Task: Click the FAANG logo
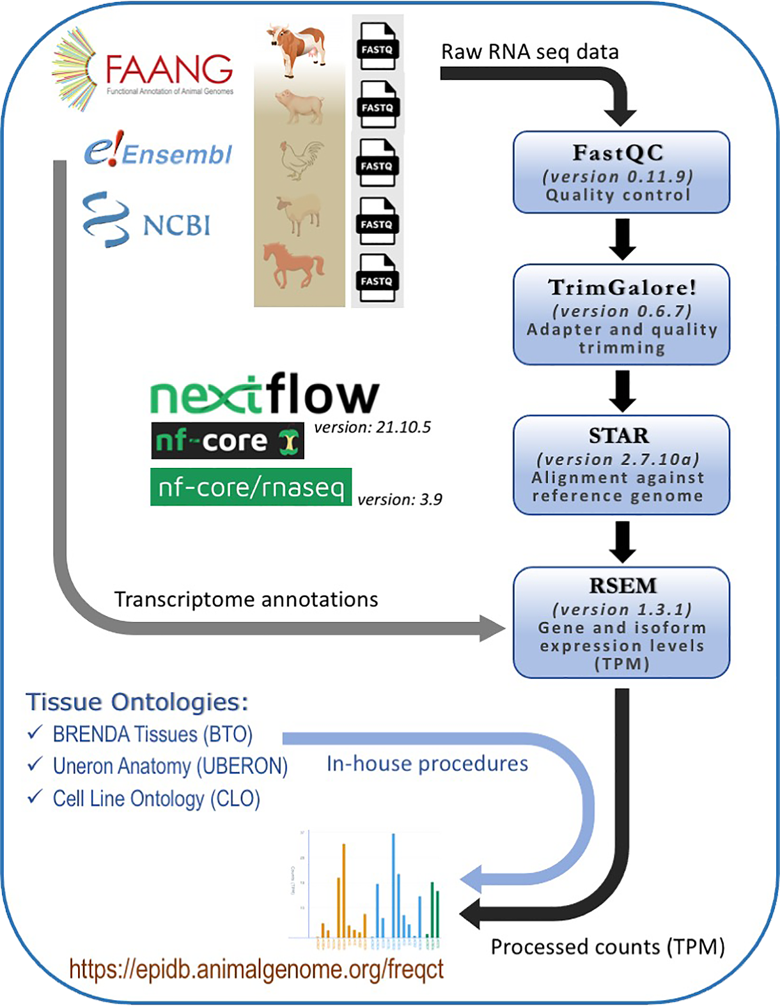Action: pyautogui.click(x=144, y=70)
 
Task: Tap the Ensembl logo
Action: pyautogui.click(x=159, y=152)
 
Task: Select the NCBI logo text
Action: pyautogui.click(x=176, y=226)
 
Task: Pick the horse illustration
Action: pyautogui.click(x=293, y=264)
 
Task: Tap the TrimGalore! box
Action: pyautogui.click(x=621, y=315)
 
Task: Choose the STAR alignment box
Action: pyautogui.click(x=621, y=465)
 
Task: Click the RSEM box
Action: pyautogui.click(x=621, y=623)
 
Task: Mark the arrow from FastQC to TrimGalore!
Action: pyautogui.click(x=622, y=239)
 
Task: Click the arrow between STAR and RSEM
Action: pyautogui.click(x=622, y=541)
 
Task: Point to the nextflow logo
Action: pyautogui.click(x=264, y=394)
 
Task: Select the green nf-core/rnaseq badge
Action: pyautogui.click(x=251, y=487)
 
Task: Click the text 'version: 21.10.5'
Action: pyautogui.click(x=372, y=427)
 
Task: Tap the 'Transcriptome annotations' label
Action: pyautogui.click(x=246, y=600)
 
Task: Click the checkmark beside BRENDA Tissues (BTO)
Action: pyautogui.click(x=35, y=732)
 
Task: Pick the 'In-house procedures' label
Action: pyautogui.click(x=427, y=764)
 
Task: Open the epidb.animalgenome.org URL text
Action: pyautogui.click(x=256, y=969)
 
